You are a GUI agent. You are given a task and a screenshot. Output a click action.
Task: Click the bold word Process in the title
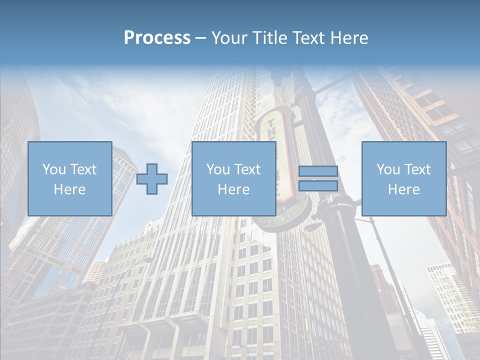[x=157, y=37]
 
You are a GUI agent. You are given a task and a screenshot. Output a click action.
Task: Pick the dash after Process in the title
[x=200, y=38]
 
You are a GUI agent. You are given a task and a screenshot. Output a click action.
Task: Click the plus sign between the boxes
[x=152, y=178]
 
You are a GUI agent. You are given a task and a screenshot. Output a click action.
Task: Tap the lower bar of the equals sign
[x=318, y=186]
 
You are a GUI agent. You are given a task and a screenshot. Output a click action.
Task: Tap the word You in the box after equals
[x=388, y=169]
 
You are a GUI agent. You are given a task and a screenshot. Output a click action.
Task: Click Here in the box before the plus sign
[x=69, y=189]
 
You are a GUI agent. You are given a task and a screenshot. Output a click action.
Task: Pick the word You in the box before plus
[x=54, y=169]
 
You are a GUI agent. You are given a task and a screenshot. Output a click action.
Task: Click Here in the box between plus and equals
[x=233, y=189]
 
